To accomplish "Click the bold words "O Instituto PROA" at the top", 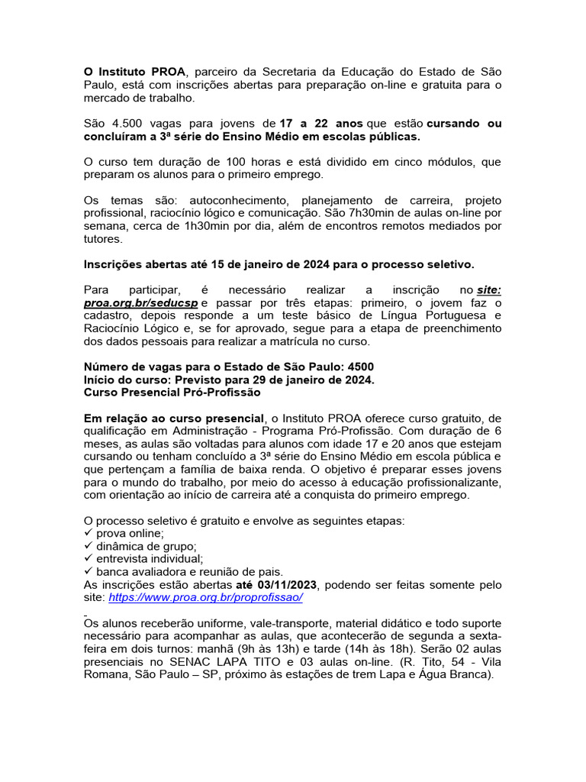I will [x=134, y=71].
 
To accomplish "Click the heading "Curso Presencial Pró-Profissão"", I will [x=172, y=393].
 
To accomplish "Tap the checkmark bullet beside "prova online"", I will [x=88, y=533].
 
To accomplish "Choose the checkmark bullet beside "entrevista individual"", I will [x=88, y=559].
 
